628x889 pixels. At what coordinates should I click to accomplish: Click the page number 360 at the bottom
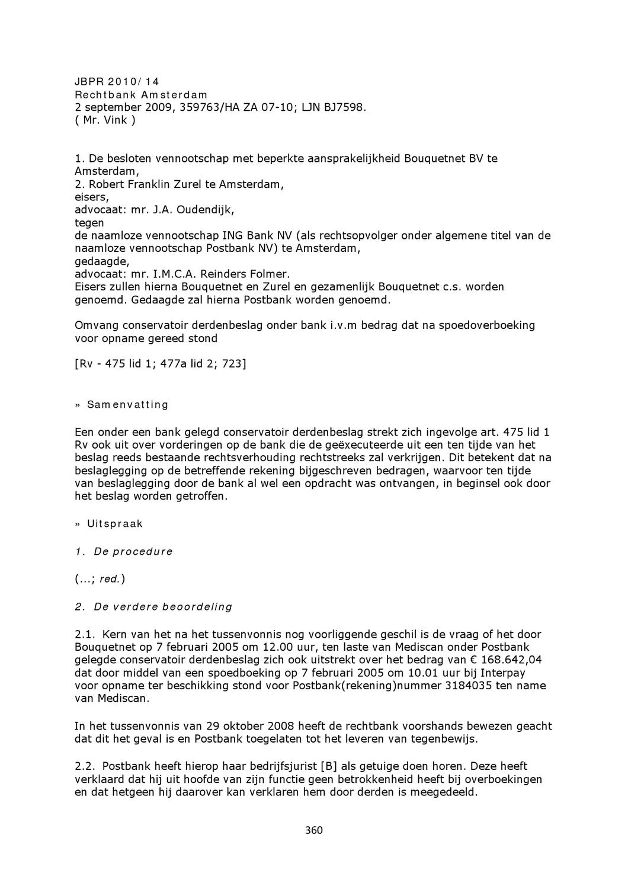(x=313, y=830)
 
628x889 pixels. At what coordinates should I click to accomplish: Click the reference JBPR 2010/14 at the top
(x=117, y=82)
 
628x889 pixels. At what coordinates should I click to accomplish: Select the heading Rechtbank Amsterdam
(x=141, y=95)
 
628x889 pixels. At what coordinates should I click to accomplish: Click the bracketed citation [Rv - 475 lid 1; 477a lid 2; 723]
(x=160, y=363)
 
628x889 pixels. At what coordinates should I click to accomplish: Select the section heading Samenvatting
(x=127, y=405)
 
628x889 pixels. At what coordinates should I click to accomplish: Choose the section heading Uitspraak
(x=115, y=524)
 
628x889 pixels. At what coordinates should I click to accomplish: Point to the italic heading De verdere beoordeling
(x=163, y=607)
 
